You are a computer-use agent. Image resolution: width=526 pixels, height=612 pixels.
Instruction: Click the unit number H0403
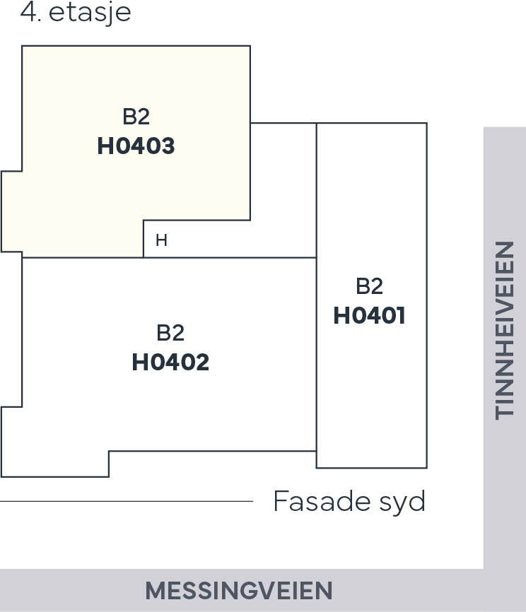coord(136,146)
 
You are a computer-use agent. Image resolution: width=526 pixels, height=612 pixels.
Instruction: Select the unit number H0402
coord(170,363)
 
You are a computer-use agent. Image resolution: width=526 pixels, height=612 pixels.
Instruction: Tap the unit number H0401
coord(369,316)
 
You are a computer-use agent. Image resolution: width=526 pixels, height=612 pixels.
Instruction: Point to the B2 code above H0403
coord(136,117)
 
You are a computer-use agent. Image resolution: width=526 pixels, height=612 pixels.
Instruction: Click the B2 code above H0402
coord(170,333)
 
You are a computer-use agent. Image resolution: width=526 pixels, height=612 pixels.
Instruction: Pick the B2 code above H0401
coord(369,286)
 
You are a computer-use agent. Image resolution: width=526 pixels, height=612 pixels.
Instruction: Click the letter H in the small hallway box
coord(161,241)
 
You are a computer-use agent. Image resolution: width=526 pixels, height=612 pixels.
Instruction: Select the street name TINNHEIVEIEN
coord(505,330)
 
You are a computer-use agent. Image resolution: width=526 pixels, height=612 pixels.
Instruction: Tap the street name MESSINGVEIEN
coord(239,591)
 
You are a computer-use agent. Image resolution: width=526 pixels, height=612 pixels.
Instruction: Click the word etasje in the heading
coord(90,13)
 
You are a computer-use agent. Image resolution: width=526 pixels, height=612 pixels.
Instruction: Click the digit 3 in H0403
coord(167,146)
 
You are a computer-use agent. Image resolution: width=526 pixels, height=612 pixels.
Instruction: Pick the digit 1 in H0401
coord(400,316)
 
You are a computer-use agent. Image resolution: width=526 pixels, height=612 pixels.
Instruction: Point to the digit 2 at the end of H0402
coord(201,363)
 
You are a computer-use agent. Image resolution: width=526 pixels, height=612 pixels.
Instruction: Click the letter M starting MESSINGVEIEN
coord(154,591)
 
